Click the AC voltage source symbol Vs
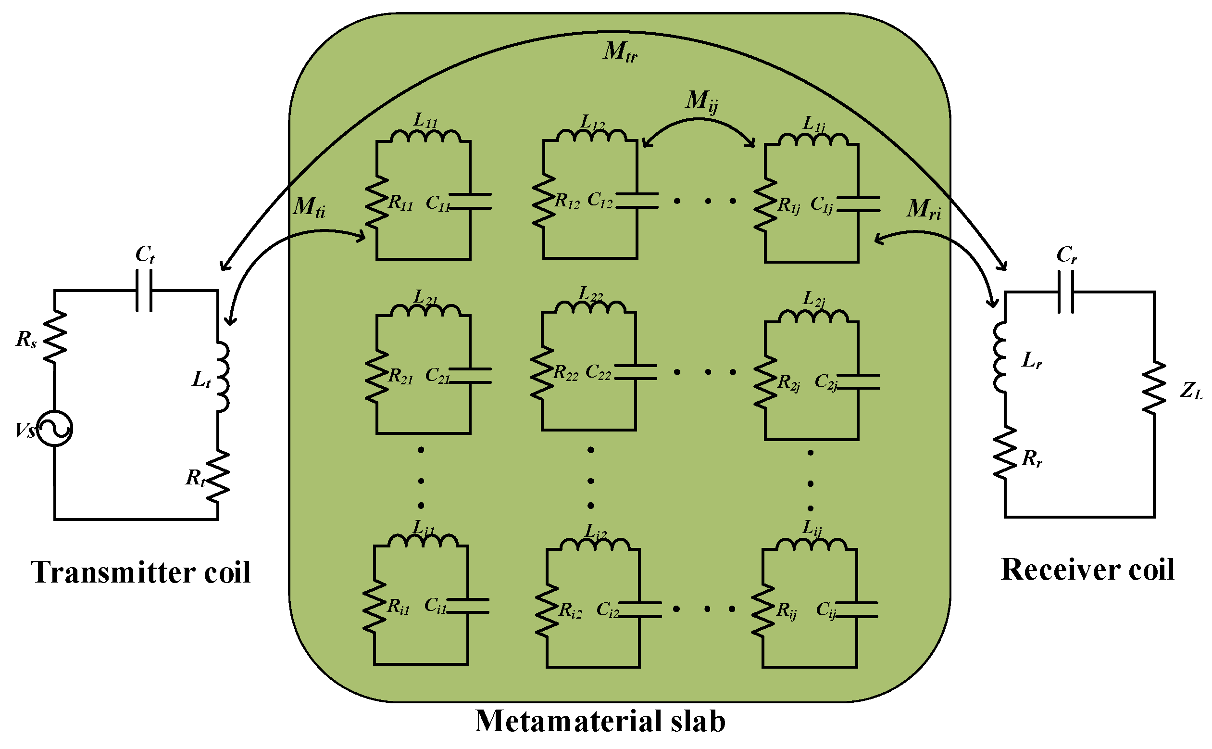(x=55, y=428)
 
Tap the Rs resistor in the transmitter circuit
(x=54, y=337)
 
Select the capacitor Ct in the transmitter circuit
(x=144, y=290)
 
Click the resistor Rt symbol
(x=218, y=477)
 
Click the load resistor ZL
(x=1155, y=387)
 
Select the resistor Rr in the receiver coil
(x=1005, y=453)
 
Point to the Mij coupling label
(x=701, y=102)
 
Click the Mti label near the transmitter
(x=309, y=207)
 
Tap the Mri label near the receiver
(x=924, y=209)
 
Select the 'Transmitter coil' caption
(x=140, y=572)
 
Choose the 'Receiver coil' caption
(x=1087, y=570)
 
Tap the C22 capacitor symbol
(x=636, y=372)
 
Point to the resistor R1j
(x=765, y=204)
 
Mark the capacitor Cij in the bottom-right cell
(x=857, y=609)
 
